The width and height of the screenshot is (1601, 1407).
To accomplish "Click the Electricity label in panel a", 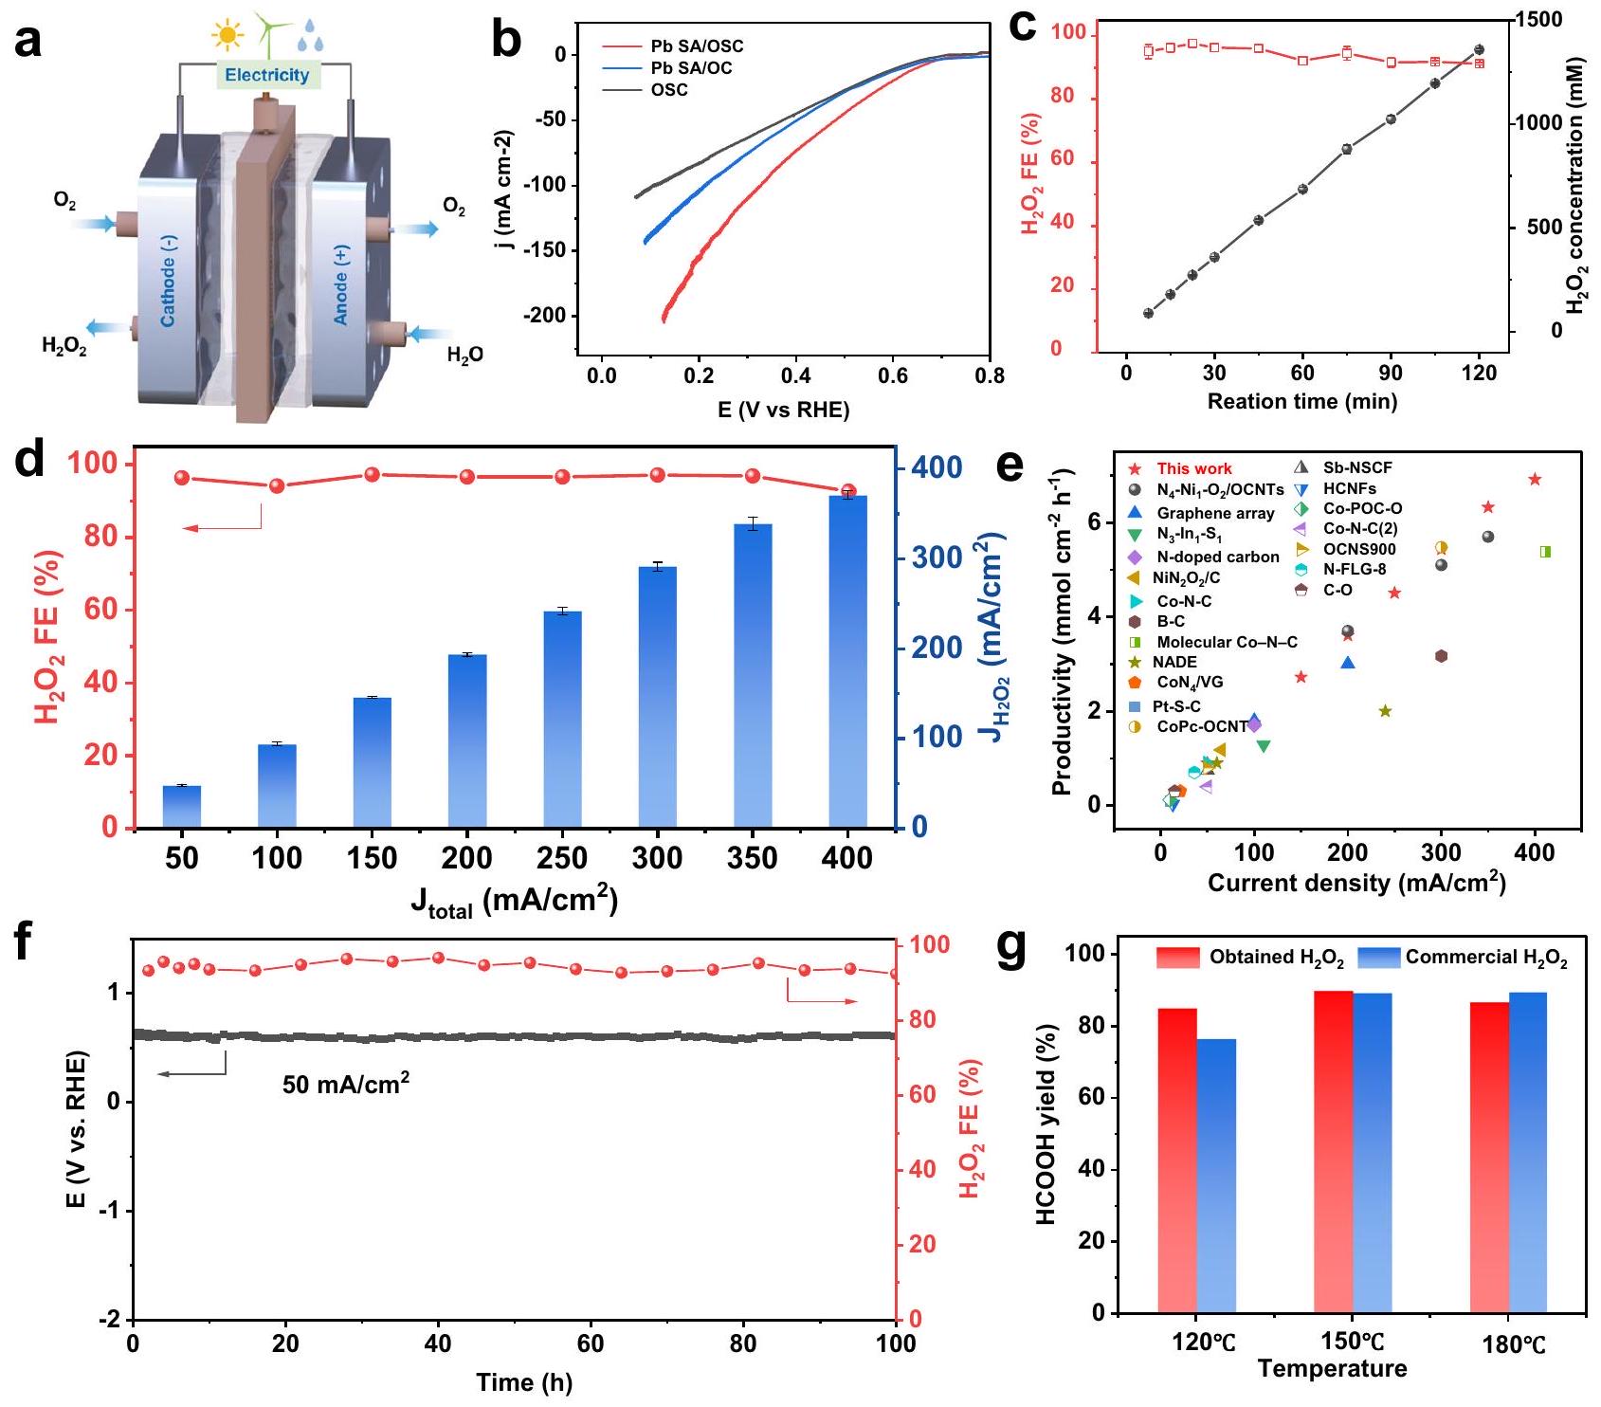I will coord(267,75).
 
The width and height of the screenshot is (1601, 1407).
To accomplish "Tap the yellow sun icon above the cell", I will coord(227,36).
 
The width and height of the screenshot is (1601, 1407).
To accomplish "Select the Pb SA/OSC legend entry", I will coord(697,46).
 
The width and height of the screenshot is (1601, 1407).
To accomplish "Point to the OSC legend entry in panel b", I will coord(669,90).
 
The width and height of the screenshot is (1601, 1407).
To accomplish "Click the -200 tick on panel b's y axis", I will coord(547,316).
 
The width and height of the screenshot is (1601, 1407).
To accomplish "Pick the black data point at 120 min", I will coord(1479,50).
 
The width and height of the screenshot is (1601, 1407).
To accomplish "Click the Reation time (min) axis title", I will coord(1301,402).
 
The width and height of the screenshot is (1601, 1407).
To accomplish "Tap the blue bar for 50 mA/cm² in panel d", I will coord(182,806).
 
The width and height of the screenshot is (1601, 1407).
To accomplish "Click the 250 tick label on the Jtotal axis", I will coord(562,859).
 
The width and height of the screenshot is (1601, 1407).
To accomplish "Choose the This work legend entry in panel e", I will coord(1193,468).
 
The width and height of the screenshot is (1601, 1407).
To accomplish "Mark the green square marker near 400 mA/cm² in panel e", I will coord(1545,552).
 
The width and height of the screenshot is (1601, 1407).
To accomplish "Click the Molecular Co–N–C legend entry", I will coord(1227,642).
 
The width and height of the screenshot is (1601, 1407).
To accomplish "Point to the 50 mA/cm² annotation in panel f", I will coord(346,1083).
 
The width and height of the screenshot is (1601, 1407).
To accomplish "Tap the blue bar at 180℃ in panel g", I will coord(1527,1152).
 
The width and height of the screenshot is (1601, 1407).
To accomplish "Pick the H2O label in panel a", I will coord(464,356).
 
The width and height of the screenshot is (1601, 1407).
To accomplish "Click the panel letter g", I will coord(1013,952).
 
